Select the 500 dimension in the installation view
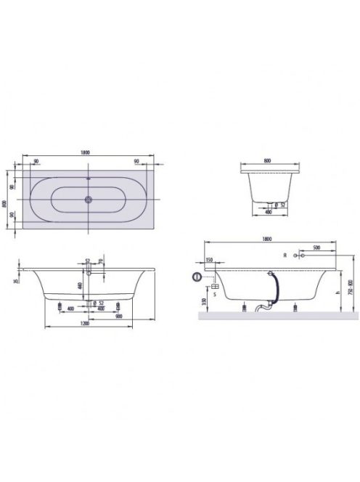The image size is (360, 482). [x=316, y=249]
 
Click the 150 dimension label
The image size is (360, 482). [x=209, y=260]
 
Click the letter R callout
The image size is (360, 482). [x=285, y=256]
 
